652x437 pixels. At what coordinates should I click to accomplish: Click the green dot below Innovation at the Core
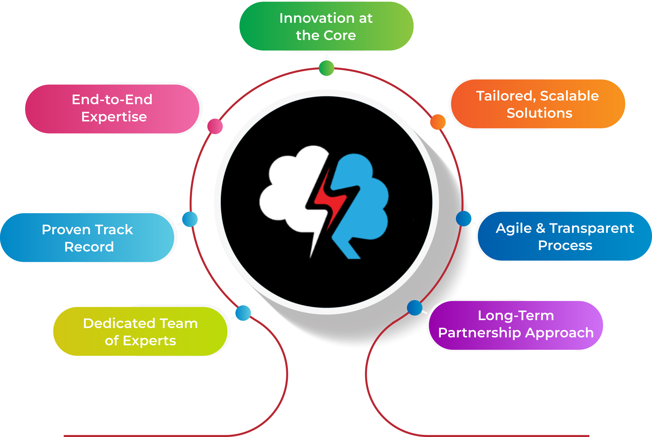coord(326,68)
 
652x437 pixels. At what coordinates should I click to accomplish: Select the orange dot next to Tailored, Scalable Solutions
coord(438,122)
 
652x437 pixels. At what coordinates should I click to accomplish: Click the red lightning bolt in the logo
coord(330,201)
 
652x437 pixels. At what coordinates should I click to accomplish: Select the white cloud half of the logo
coord(290,190)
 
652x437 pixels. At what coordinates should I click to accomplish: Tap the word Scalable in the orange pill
coord(569,96)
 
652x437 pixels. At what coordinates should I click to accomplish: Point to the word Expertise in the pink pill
coord(114,117)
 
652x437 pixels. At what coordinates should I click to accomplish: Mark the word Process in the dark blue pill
coord(565,246)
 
